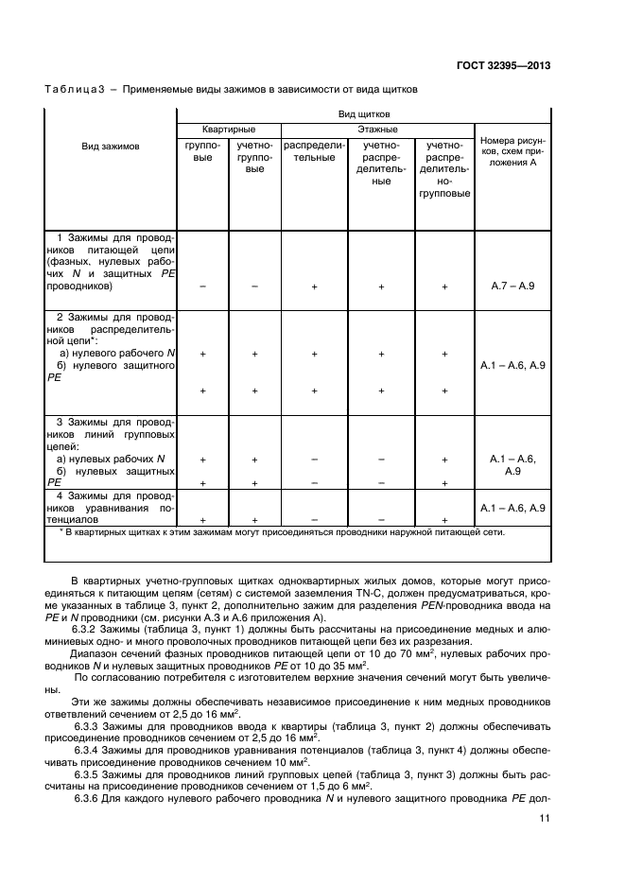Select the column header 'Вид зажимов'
(x=111, y=147)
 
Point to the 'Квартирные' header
(x=228, y=129)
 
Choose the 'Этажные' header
(x=375, y=129)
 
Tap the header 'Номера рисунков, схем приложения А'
(x=512, y=151)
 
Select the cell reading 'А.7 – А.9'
(x=512, y=285)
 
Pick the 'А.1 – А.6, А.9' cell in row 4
(x=512, y=509)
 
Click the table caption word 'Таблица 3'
(x=75, y=89)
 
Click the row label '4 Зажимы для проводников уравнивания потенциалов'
(x=111, y=508)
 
